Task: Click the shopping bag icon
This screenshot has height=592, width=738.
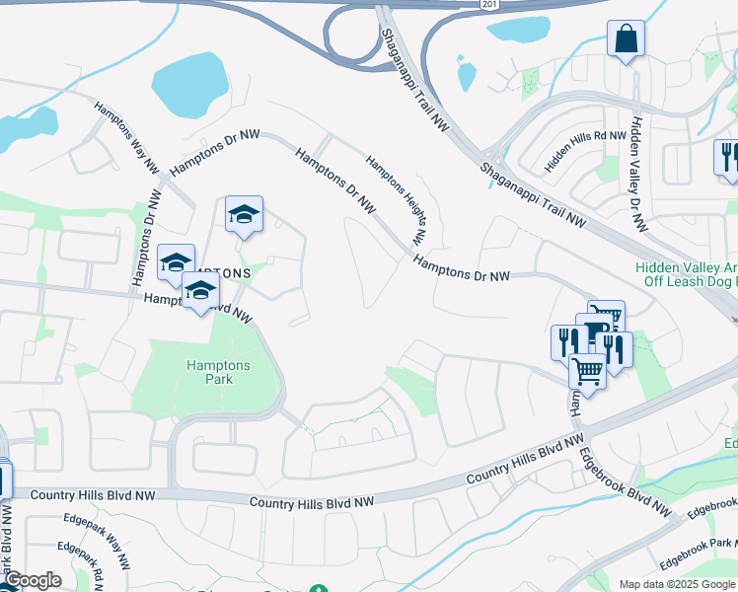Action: pyautogui.click(x=626, y=39)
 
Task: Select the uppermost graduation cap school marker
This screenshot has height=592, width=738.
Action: pyautogui.click(x=244, y=214)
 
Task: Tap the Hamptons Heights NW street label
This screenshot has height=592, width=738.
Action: pyautogui.click(x=395, y=198)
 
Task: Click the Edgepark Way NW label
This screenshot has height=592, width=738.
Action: pyautogui.click(x=96, y=541)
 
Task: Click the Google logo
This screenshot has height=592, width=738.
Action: pyautogui.click(x=32, y=580)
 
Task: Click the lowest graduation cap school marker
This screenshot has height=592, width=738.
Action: pyautogui.click(x=200, y=292)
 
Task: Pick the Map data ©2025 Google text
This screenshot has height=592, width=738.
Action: pyautogui.click(x=676, y=584)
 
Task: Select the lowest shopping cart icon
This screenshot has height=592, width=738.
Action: pyautogui.click(x=587, y=371)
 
